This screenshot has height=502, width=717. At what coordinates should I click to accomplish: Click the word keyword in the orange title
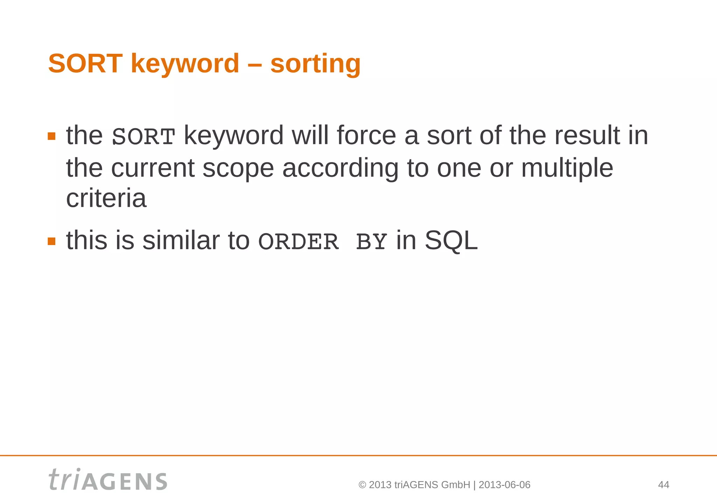coord(185,64)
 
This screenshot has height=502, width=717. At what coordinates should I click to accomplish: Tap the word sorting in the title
coord(315,64)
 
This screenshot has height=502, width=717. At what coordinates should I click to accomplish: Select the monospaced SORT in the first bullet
coord(143,137)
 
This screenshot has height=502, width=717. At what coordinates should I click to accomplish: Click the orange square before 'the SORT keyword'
coord(52,136)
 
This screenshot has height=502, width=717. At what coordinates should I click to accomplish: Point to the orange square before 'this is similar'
coord(52,241)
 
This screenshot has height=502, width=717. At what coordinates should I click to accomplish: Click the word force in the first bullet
coord(366,135)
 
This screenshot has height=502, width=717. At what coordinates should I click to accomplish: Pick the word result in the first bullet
coord(587,135)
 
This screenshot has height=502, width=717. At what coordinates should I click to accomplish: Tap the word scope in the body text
coord(238,168)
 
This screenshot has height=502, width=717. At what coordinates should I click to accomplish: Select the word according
coord(340,168)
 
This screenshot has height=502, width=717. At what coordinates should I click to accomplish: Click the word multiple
coord(567,168)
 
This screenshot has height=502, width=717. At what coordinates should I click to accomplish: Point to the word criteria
coord(106,198)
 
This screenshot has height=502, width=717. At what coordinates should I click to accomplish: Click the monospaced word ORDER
coord(298,242)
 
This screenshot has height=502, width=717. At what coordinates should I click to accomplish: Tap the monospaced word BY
coord(371,242)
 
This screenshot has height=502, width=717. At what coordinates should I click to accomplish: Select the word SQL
coord(451,241)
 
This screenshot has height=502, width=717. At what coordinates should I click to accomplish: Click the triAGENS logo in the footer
coord(108,480)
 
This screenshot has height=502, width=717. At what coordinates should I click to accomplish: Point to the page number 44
coord(663,485)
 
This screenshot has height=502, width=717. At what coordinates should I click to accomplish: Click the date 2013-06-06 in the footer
coord(504,485)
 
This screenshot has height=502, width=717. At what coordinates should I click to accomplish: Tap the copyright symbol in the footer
coord(362,485)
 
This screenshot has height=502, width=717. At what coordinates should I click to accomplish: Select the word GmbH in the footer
coord(455,485)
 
